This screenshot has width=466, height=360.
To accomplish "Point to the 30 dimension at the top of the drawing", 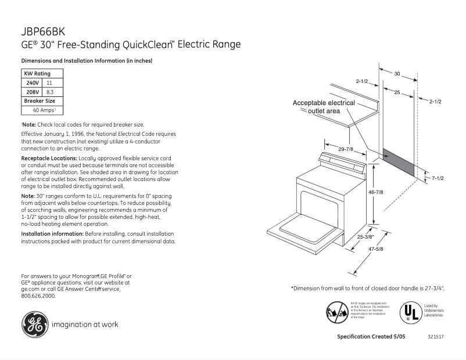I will (x=397, y=74).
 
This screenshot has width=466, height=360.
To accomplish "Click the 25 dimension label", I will (x=396, y=93).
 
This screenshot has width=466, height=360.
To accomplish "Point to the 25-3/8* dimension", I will (x=365, y=237).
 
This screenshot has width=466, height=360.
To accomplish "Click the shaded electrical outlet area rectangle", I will (x=399, y=164).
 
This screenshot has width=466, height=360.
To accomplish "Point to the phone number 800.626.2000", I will (x=38, y=296).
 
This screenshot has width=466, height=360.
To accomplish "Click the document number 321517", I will (x=435, y=337).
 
